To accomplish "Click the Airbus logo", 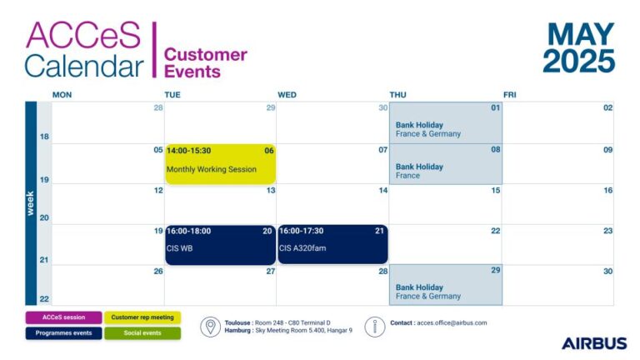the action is pos(594,343).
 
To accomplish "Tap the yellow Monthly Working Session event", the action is pos(220,163).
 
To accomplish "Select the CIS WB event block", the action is pos(220,244).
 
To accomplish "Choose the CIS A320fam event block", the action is pos(332,244).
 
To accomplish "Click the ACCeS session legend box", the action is pos(63,317).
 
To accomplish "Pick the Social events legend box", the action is pos(142,333).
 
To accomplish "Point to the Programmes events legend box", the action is pos(63,333).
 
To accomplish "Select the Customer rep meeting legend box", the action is pos(142,317).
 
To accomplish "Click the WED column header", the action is pos(287,95).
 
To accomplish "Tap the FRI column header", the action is pos(510,95).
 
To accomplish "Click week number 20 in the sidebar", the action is pos(44,218).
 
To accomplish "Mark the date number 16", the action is pos(607,190).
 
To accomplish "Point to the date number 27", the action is pos(271,271).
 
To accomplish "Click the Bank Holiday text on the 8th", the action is pos(419,167).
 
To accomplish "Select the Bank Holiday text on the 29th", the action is pos(419,287).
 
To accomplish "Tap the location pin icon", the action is pos(210,327).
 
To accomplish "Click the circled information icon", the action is pos(375,327).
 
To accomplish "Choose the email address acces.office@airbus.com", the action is pos(452,322).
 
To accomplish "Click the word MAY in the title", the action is pos(581,34).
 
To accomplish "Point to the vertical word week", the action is pos(30,203).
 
